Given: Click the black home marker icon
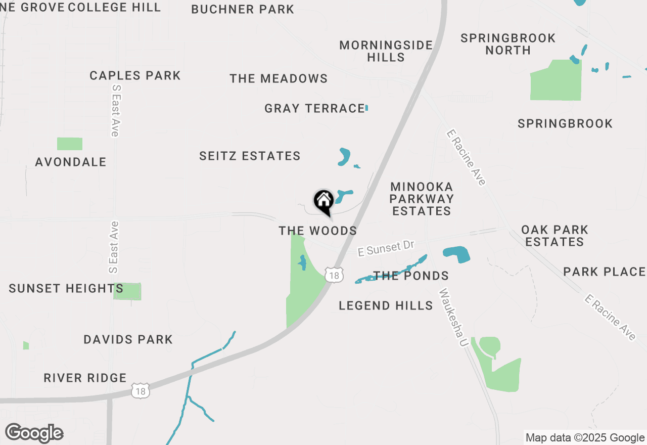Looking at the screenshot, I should [x=323, y=201].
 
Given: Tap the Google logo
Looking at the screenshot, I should [x=34, y=433].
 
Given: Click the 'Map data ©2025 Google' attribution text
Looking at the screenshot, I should [x=585, y=438].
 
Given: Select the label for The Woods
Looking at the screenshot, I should [x=317, y=231].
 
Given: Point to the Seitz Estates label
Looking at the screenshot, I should [x=250, y=156].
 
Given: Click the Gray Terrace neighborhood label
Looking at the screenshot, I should [x=314, y=108].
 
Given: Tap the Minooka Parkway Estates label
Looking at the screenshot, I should [x=422, y=199].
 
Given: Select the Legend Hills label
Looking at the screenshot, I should [x=386, y=305].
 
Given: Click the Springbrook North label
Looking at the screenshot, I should [x=508, y=44].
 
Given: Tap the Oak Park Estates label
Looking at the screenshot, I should [x=554, y=236].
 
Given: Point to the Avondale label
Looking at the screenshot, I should [x=71, y=162].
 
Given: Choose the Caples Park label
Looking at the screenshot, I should [x=135, y=75].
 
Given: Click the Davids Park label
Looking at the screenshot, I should [x=128, y=339].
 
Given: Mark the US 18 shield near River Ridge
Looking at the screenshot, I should [x=141, y=391].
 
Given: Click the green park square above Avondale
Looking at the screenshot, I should [x=70, y=144].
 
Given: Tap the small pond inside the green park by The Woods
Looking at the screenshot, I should [x=302, y=262].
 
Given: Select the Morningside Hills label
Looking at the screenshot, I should [x=386, y=51].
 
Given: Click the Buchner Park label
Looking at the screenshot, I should [x=243, y=9].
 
